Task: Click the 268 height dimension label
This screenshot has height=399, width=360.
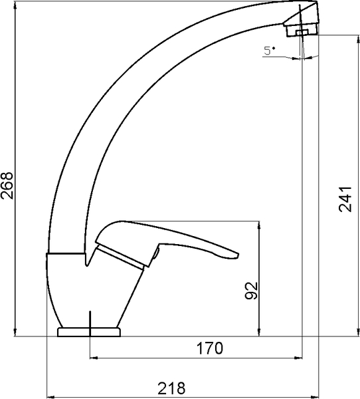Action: click(7, 186)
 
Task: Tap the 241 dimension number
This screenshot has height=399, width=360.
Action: click(345, 199)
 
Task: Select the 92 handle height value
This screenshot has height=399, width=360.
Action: click(252, 291)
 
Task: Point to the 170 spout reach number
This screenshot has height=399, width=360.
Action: click(210, 348)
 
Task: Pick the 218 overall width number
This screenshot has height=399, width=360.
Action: click(171, 388)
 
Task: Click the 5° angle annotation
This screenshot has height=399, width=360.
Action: click(269, 51)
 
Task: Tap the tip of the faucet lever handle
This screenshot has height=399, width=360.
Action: click(238, 255)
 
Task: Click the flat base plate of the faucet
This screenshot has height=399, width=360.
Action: click(89, 332)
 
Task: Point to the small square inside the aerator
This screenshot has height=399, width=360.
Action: click(302, 33)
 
